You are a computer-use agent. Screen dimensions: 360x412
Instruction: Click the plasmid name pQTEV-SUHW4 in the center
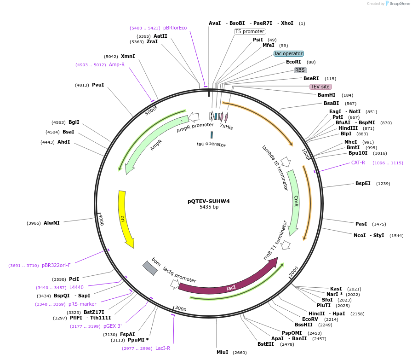208,201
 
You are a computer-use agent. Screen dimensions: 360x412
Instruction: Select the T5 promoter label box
250,32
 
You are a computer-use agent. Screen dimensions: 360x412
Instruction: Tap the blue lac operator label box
288,54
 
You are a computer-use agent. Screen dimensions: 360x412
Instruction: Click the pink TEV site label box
320,87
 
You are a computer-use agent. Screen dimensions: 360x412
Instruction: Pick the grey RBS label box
300,70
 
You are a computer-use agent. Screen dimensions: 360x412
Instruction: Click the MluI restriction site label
223,353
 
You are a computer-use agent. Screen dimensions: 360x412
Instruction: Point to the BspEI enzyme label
363,184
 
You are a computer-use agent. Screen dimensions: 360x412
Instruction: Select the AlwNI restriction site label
51,223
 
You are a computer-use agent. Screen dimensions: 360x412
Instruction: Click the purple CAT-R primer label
358,163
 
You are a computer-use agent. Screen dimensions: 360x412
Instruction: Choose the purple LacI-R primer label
163,348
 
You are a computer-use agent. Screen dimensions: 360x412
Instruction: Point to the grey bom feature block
150,267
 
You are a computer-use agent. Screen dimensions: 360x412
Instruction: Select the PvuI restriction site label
98,85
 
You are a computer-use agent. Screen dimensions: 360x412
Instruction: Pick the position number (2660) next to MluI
240,353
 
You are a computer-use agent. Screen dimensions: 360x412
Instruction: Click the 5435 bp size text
209,207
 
